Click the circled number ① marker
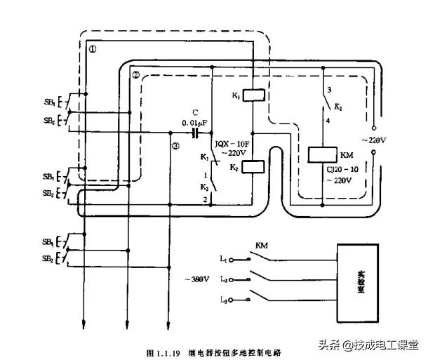pos(93,50)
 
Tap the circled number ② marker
pos(136,74)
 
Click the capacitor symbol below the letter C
pos(196,131)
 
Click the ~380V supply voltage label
pos(197,279)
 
